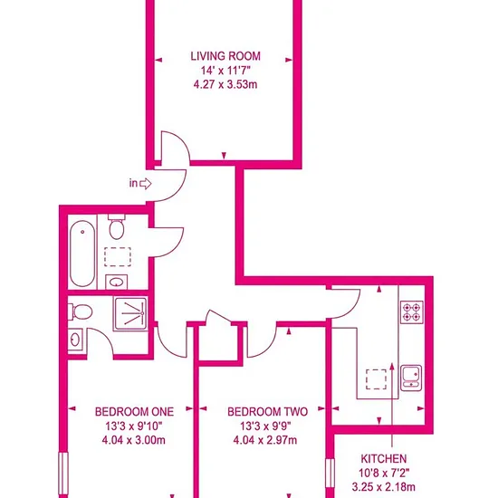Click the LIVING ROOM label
225,56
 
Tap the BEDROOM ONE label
134,412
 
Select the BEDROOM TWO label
267,412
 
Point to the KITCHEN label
384,459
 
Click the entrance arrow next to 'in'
146,184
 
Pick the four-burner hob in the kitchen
412,311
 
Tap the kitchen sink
411,378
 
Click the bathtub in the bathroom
82,254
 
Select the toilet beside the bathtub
117,226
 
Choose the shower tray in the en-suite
131,314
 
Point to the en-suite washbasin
75,340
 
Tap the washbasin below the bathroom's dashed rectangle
116,282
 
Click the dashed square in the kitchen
377,379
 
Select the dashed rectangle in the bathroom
118,256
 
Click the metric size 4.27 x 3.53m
225,85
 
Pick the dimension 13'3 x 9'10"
134,426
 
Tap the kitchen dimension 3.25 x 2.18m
384,486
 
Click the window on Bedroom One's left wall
63,474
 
